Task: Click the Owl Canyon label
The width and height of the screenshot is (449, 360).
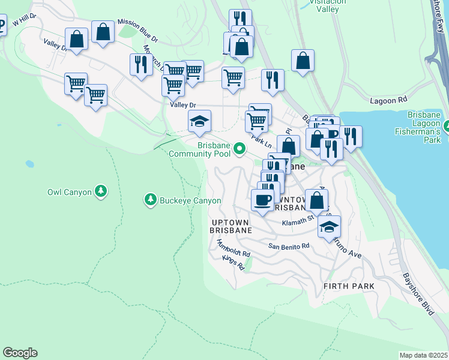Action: pyautogui.click(x=69, y=193)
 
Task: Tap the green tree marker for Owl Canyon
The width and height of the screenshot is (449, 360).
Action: pyautogui.click(x=101, y=191)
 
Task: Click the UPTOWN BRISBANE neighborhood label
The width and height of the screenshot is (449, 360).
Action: pyautogui.click(x=231, y=226)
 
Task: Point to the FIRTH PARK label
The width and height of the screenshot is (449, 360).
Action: pyautogui.click(x=349, y=286)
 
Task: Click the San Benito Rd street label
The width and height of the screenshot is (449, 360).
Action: pyautogui.click(x=289, y=246)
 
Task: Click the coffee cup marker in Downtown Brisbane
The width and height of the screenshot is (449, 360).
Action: pyautogui.click(x=262, y=200)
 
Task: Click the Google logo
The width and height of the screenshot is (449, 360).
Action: pyautogui.click(x=20, y=353)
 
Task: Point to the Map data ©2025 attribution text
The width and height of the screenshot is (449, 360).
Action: pyautogui.click(x=423, y=355)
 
